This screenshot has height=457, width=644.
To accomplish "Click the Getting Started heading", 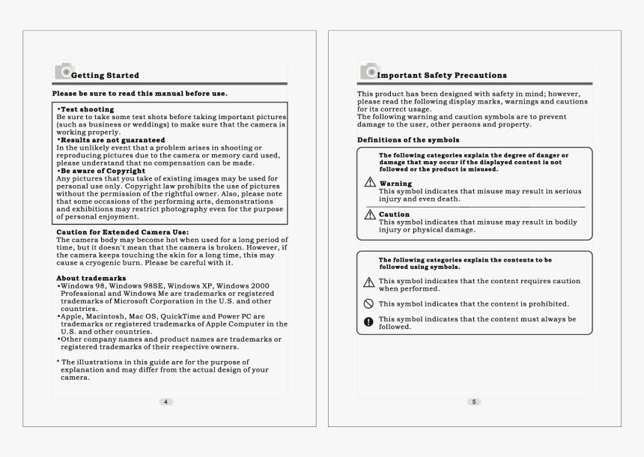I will coord(105,75).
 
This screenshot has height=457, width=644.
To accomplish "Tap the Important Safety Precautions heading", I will coord(442,75).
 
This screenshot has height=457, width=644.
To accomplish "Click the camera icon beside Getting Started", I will coord(63,72).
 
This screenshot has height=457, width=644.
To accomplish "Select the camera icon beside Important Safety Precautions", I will coord(368,72).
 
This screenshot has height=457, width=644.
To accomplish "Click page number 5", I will coord(473,402).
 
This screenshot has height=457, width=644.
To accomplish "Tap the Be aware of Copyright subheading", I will coord(106,171).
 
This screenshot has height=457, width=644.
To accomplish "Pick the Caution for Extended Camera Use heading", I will coord(123,232).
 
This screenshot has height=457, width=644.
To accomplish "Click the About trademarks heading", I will coord(91,278).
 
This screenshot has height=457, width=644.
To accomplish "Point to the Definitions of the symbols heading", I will coord(408,140).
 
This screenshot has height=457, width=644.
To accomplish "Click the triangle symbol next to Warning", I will coord(369,184).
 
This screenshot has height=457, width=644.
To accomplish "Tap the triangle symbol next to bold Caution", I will coord(369,214).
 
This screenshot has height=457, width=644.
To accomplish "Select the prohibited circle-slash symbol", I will coord(368,304).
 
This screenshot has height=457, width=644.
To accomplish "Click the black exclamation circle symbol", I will coord(368,322).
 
